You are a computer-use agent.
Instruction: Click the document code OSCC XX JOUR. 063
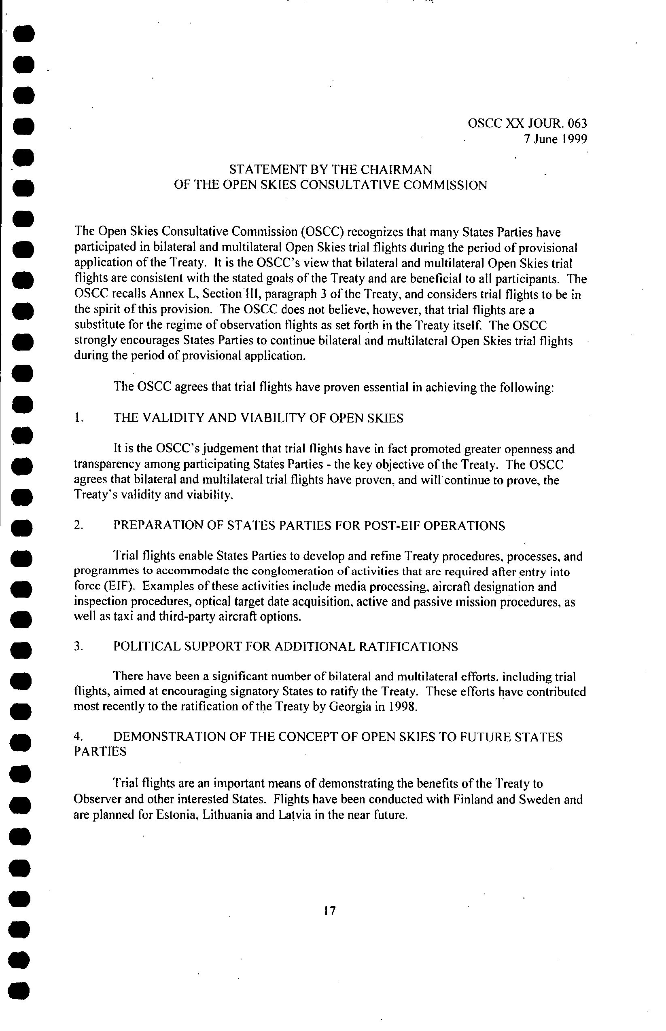pyautogui.click(x=527, y=124)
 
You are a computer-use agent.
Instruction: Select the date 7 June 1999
pyautogui.click(x=555, y=139)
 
